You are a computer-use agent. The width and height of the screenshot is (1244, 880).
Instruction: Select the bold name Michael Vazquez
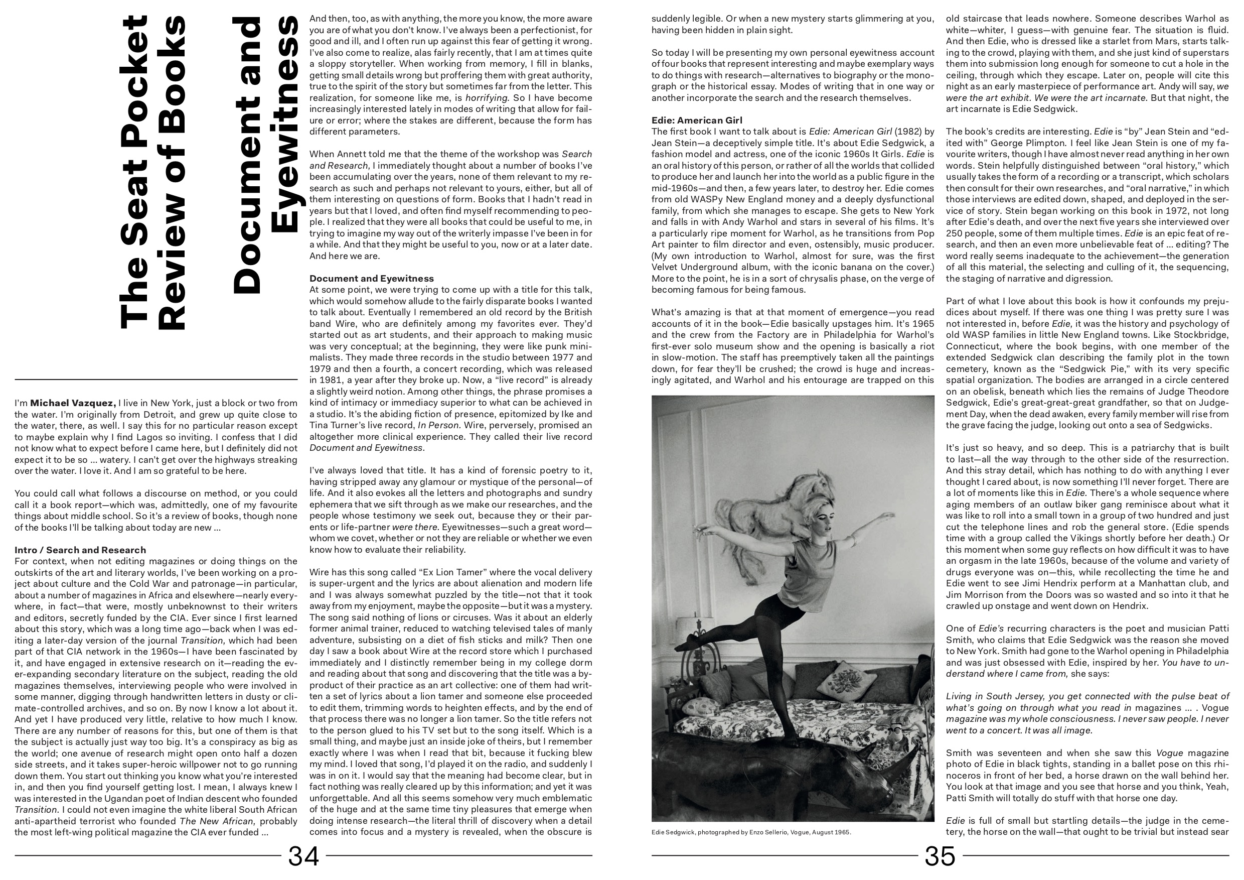click(x=73, y=403)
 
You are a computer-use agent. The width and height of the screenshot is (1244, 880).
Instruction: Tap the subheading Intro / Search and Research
click(x=80, y=550)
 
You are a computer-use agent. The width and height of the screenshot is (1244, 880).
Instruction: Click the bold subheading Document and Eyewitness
click(x=371, y=279)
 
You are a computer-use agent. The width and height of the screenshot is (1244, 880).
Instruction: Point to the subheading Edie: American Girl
click(x=697, y=120)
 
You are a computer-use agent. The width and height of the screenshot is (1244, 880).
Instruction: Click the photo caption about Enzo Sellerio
click(x=751, y=832)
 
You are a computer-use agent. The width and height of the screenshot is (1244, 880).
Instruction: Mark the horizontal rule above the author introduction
click(x=156, y=379)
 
